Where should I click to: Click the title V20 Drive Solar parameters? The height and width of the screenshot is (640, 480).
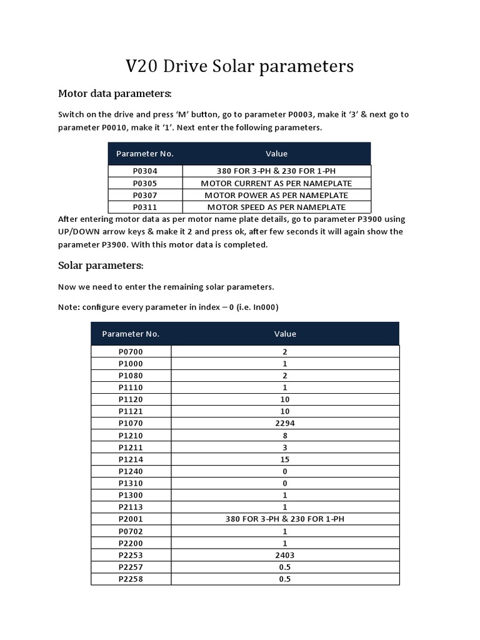click(x=240, y=66)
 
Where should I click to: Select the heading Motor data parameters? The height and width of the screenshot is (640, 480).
click(x=114, y=94)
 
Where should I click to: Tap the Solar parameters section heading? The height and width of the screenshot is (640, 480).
click(x=101, y=266)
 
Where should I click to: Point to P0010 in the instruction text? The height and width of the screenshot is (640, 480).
click(x=118, y=127)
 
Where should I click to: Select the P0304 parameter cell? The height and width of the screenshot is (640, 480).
click(x=145, y=171)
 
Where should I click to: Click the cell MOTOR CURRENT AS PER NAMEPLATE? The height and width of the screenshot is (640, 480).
click(x=276, y=183)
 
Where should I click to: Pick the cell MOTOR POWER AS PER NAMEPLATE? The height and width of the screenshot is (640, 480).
click(x=276, y=195)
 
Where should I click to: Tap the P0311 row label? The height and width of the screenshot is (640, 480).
click(x=145, y=207)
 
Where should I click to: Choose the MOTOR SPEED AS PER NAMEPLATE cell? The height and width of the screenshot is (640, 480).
click(x=276, y=207)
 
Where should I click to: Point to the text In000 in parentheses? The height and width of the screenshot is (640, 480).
click(x=264, y=307)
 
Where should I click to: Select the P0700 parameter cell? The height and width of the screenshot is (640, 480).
click(x=131, y=352)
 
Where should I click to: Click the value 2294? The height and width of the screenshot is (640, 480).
click(x=285, y=423)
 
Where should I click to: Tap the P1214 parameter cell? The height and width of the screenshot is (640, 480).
click(x=131, y=459)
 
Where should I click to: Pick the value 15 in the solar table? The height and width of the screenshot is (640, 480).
click(x=285, y=459)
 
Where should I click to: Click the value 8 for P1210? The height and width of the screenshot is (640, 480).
click(x=285, y=435)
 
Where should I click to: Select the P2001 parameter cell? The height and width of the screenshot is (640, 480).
click(x=131, y=519)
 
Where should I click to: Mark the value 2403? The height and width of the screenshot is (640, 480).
click(x=285, y=555)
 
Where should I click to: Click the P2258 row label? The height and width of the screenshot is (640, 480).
click(x=131, y=579)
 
